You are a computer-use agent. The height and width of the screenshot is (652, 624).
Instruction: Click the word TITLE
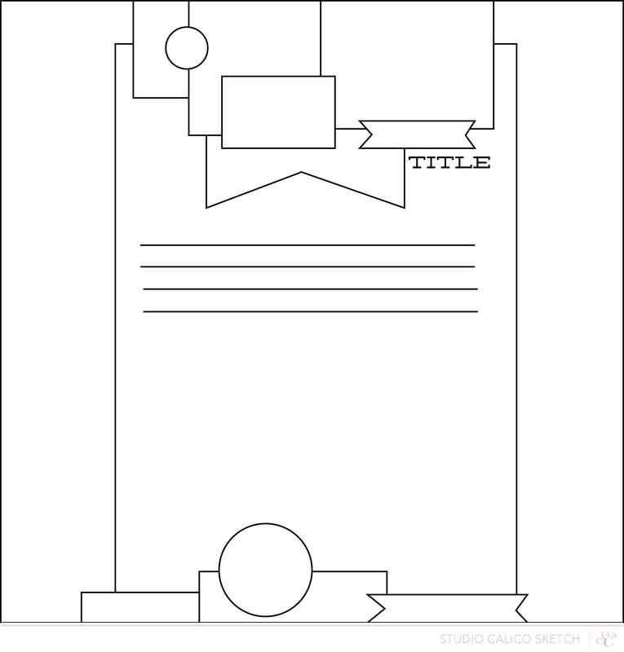449,162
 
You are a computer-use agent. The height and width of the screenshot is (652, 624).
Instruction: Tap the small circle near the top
187,28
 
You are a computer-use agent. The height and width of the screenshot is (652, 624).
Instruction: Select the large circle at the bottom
266,524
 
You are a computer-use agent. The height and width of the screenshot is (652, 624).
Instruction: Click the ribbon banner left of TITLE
417,121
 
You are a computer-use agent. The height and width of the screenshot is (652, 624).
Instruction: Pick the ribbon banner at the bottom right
448,595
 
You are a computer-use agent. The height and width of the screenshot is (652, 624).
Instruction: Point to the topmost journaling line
308,245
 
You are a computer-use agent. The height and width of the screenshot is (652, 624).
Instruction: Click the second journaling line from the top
308,267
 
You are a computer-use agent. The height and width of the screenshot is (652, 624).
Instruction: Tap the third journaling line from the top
311,289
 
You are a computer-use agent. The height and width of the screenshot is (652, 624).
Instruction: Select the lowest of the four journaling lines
311,311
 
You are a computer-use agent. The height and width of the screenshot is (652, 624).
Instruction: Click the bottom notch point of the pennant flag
301,172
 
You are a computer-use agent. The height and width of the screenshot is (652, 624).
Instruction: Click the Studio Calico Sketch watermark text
510,639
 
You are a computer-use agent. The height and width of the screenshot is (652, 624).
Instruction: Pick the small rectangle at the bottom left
139,593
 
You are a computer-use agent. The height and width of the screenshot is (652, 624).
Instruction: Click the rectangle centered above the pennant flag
278,77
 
